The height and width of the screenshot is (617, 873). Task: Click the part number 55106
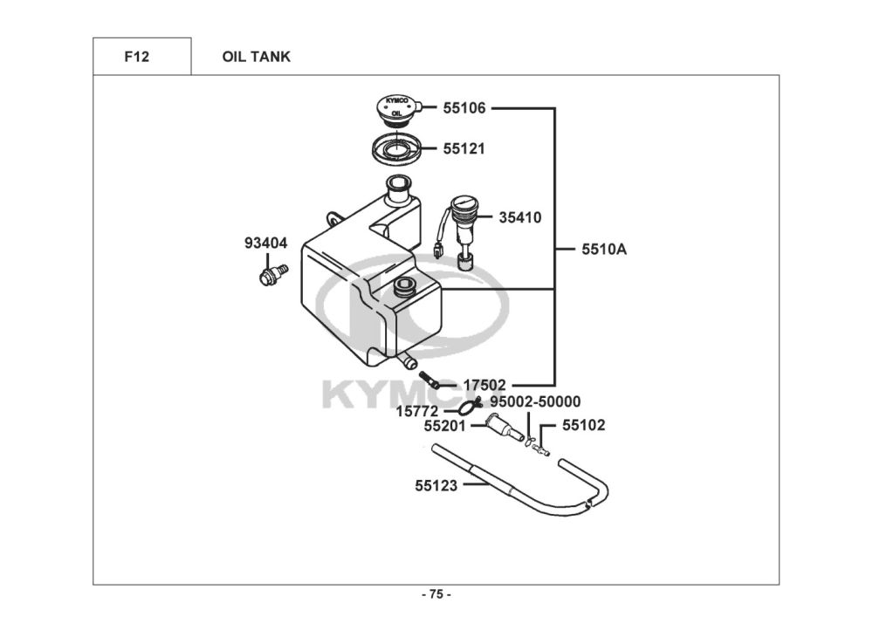tap(464, 108)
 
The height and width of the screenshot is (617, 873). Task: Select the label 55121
tap(464, 149)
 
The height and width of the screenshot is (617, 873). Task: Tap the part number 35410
tap(519, 217)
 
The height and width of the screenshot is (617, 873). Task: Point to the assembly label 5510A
tap(604, 249)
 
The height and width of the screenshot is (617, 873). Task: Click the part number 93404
tap(265, 243)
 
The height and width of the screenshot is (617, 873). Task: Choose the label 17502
tap(485, 384)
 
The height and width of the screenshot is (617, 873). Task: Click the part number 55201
tap(444, 426)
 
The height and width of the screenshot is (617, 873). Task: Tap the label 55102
tap(583, 426)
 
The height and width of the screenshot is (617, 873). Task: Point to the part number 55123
tap(436, 485)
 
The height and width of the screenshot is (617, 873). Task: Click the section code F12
tap(136, 57)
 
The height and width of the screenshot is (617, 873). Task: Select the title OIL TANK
tap(256, 57)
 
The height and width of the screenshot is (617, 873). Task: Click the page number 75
tap(436, 594)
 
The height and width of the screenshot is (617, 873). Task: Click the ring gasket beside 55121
tap(396, 148)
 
